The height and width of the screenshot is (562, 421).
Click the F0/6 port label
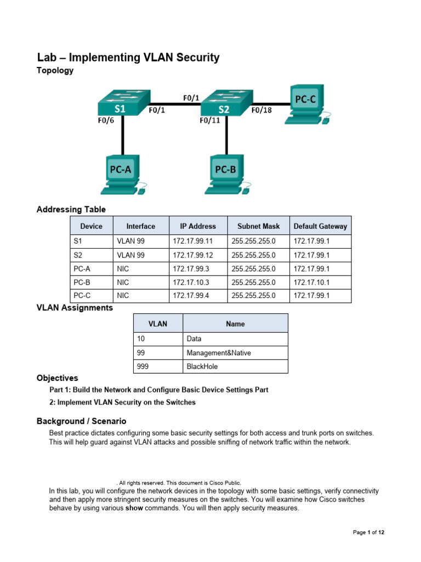pos(106,121)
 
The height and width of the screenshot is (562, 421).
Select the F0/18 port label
pos(261,110)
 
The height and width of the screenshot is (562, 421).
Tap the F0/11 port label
pos(210,121)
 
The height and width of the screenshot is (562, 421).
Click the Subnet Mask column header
pos(258,226)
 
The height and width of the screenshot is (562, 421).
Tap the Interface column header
pos(140,226)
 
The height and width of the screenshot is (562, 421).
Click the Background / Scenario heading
pos(81,421)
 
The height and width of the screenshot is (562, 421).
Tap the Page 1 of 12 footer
pos(372,532)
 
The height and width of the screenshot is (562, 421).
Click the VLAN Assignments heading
pos(75,308)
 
